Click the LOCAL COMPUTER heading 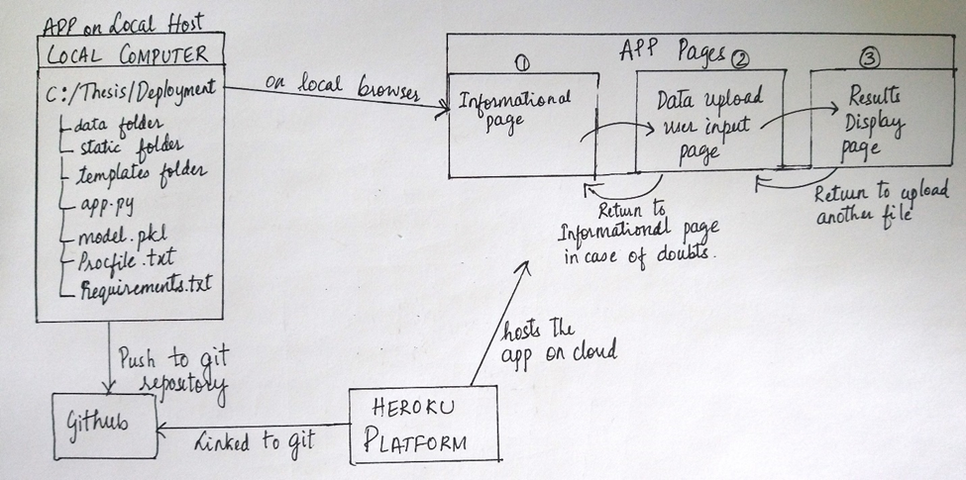coord(130,53)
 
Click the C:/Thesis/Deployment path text coord(130,91)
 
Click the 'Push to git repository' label coord(169,368)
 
